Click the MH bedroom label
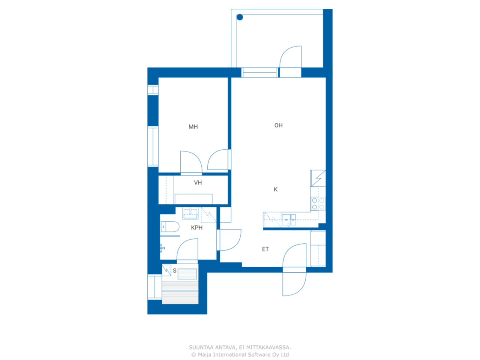point(193,127)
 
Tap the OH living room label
point(278,125)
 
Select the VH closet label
point(198,183)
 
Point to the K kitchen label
point(276,189)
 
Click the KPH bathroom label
point(196,228)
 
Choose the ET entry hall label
point(265,249)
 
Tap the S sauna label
point(175,270)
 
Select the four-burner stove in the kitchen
point(318,204)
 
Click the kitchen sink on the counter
point(289,220)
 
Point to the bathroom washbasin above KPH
point(190,213)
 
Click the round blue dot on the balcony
point(240,17)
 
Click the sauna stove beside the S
point(166,270)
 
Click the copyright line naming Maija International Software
point(240,354)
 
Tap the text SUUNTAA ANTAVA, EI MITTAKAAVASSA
point(240,347)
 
